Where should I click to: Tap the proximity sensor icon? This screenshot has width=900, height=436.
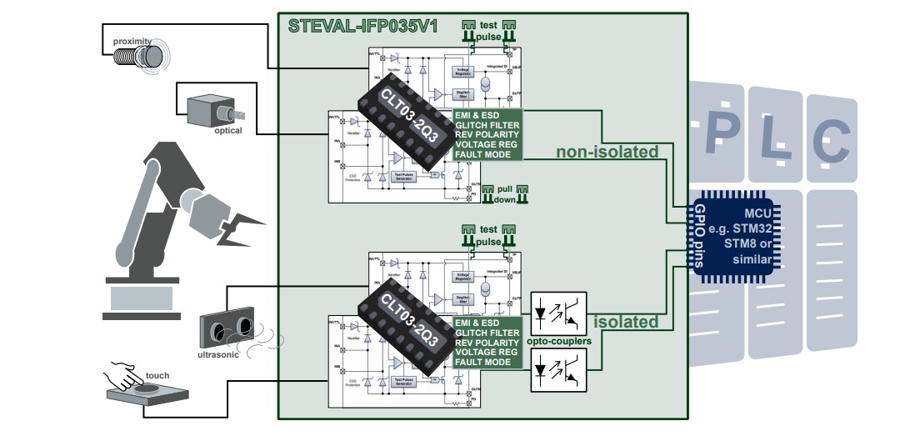[x=152, y=55]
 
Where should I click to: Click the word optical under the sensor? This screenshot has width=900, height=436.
[x=227, y=130]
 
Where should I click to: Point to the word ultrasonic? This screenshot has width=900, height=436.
[x=217, y=354]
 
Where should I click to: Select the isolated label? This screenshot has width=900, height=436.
[x=625, y=322]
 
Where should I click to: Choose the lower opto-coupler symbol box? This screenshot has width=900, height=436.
[x=559, y=370]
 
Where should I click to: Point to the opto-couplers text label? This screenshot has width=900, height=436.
[x=558, y=342]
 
